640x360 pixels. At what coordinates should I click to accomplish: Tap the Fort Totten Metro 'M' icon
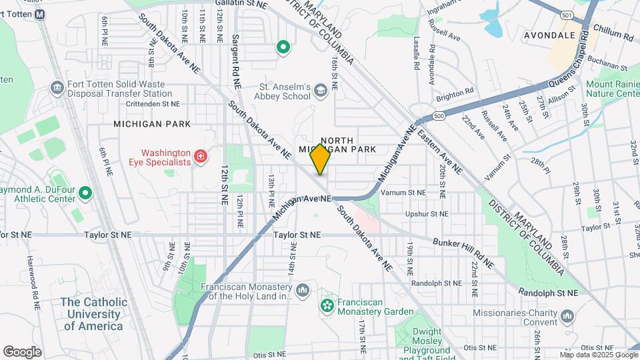tap(40, 14)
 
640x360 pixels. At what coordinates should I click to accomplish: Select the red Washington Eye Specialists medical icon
tap(200, 157)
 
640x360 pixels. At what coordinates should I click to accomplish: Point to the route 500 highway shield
tap(438, 116)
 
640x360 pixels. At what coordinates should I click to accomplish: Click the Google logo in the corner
tap(22, 351)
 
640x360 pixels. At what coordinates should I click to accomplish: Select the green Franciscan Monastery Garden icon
tap(327, 306)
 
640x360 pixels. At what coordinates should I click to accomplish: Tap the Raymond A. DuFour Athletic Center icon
tap(85, 193)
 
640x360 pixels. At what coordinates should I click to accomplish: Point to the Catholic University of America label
tap(93, 313)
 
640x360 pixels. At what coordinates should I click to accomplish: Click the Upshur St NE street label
tap(427, 214)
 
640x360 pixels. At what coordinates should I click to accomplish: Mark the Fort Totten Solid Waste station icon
tap(57, 86)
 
